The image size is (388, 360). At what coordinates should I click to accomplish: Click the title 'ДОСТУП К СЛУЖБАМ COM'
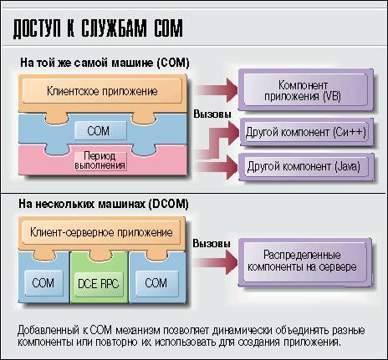click(x=98, y=28)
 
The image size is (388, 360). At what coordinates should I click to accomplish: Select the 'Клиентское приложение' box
click(x=102, y=91)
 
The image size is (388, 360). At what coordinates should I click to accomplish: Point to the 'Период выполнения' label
click(x=100, y=160)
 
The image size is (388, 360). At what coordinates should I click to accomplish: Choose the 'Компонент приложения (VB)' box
click(x=306, y=90)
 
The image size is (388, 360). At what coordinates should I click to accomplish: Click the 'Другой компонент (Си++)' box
click(x=306, y=132)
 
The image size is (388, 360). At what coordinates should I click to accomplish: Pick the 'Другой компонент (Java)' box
click(x=306, y=166)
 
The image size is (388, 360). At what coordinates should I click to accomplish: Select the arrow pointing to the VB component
click(x=217, y=90)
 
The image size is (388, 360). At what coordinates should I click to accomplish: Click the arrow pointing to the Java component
click(x=217, y=167)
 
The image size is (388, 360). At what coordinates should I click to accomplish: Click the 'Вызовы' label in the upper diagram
click(x=212, y=114)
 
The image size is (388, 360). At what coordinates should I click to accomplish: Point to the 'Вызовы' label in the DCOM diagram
click(x=212, y=243)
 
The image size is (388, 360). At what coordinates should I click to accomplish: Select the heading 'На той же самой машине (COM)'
click(x=105, y=63)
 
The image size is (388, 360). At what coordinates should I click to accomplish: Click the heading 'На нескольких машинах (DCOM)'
click(x=104, y=204)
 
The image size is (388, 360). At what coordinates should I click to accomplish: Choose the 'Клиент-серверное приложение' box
click(x=101, y=232)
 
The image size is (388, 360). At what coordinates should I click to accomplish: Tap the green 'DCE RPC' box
click(x=99, y=284)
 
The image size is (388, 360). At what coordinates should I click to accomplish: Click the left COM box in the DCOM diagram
click(x=43, y=283)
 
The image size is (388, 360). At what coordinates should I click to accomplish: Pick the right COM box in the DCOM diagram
click(x=156, y=283)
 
